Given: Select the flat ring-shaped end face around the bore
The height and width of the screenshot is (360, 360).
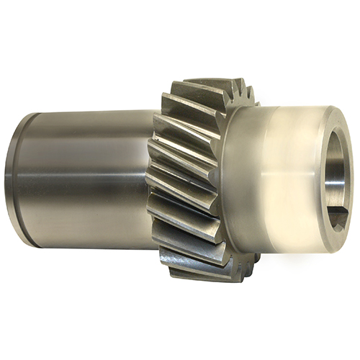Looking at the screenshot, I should (x=338, y=130).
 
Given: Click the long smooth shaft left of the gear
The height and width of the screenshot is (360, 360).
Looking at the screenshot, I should (x=86, y=180).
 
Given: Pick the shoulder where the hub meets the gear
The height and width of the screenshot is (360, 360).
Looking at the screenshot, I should (x=248, y=180).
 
